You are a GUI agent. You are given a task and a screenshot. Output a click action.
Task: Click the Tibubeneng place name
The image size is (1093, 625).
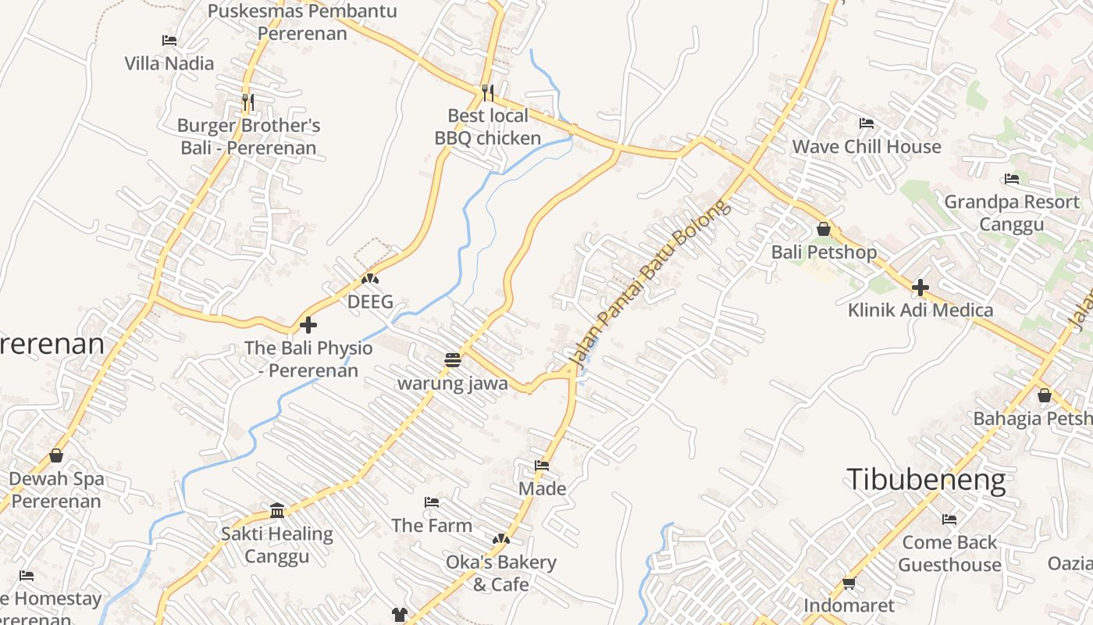926,480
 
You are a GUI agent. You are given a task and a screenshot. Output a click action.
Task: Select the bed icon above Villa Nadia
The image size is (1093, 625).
169,41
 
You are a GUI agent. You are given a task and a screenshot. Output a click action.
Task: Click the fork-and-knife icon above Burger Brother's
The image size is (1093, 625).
247,102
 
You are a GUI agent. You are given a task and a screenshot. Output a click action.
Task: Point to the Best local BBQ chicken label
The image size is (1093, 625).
488,127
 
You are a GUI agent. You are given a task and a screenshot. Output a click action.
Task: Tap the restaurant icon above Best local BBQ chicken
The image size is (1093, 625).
488,93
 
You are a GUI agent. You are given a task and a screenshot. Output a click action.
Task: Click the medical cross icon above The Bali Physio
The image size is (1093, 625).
308,325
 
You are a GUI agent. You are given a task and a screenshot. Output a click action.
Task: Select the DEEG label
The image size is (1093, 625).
370,302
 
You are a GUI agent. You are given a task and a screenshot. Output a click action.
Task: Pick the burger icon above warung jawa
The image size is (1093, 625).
452,360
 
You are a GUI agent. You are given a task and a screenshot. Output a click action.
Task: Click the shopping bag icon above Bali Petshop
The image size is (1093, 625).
824,230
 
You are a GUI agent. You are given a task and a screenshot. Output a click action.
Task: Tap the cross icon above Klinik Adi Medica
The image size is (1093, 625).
920,287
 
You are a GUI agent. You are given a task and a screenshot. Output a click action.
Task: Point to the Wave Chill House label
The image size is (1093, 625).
867,147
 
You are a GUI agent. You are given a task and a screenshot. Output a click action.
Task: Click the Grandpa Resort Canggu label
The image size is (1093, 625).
1012,213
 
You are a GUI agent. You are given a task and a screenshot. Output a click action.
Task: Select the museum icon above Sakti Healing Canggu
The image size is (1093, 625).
277,511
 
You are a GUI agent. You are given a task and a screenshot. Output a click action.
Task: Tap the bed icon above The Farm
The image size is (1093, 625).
432,502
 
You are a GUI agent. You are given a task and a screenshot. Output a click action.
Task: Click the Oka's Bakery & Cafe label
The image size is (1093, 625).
501,573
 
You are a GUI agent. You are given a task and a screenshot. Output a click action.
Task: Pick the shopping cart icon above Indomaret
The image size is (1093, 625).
849,583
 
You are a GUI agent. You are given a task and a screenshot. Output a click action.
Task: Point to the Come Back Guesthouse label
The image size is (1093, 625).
949,554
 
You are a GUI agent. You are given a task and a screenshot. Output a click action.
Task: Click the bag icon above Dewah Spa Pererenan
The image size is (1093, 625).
56,455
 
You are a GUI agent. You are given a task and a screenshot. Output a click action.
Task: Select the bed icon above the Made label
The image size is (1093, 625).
542,466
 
